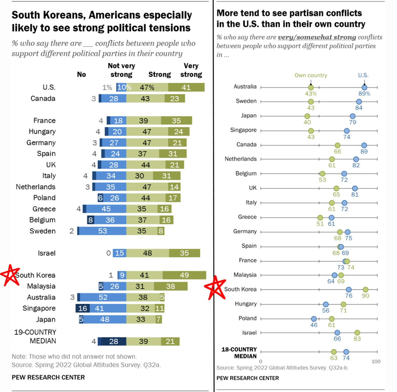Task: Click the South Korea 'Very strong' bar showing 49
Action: pyautogui.click(x=184, y=275)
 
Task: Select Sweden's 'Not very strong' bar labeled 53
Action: pyautogui.click(x=102, y=231)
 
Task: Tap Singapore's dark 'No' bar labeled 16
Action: pyautogui.click(x=82, y=308)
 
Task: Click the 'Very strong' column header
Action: pyautogui.click(x=191, y=70)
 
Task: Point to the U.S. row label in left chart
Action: pyautogui.click(x=49, y=88)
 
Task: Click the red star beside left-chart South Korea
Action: pyautogui.click(x=10, y=275)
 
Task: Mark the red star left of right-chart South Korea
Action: pyautogui.click(x=215, y=288)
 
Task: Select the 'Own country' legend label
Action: pyautogui.click(x=311, y=75)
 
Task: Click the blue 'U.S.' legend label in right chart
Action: pyautogui.click(x=363, y=75)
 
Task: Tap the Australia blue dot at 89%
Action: pyautogui.click(x=364, y=88)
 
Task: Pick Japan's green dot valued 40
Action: pyautogui.click(x=307, y=116)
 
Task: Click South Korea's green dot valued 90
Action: pyautogui.click(x=366, y=290)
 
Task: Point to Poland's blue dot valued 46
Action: pyautogui.click(x=314, y=319)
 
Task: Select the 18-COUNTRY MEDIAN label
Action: pyautogui.click(x=239, y=353)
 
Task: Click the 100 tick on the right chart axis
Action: pyautogui.click(x=376, y=361)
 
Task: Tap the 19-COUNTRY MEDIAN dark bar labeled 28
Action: pyautogui.click(x=114, y=341)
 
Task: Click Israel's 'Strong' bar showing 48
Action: pyautogui.click(x=148, y=253)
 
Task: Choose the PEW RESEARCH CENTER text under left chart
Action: pyautogui.click(x=48, y=377)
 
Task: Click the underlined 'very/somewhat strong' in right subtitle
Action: pyautogui.click(x=317, y=37)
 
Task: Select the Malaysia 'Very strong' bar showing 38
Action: pyautogui.click(x=170, y=286)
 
